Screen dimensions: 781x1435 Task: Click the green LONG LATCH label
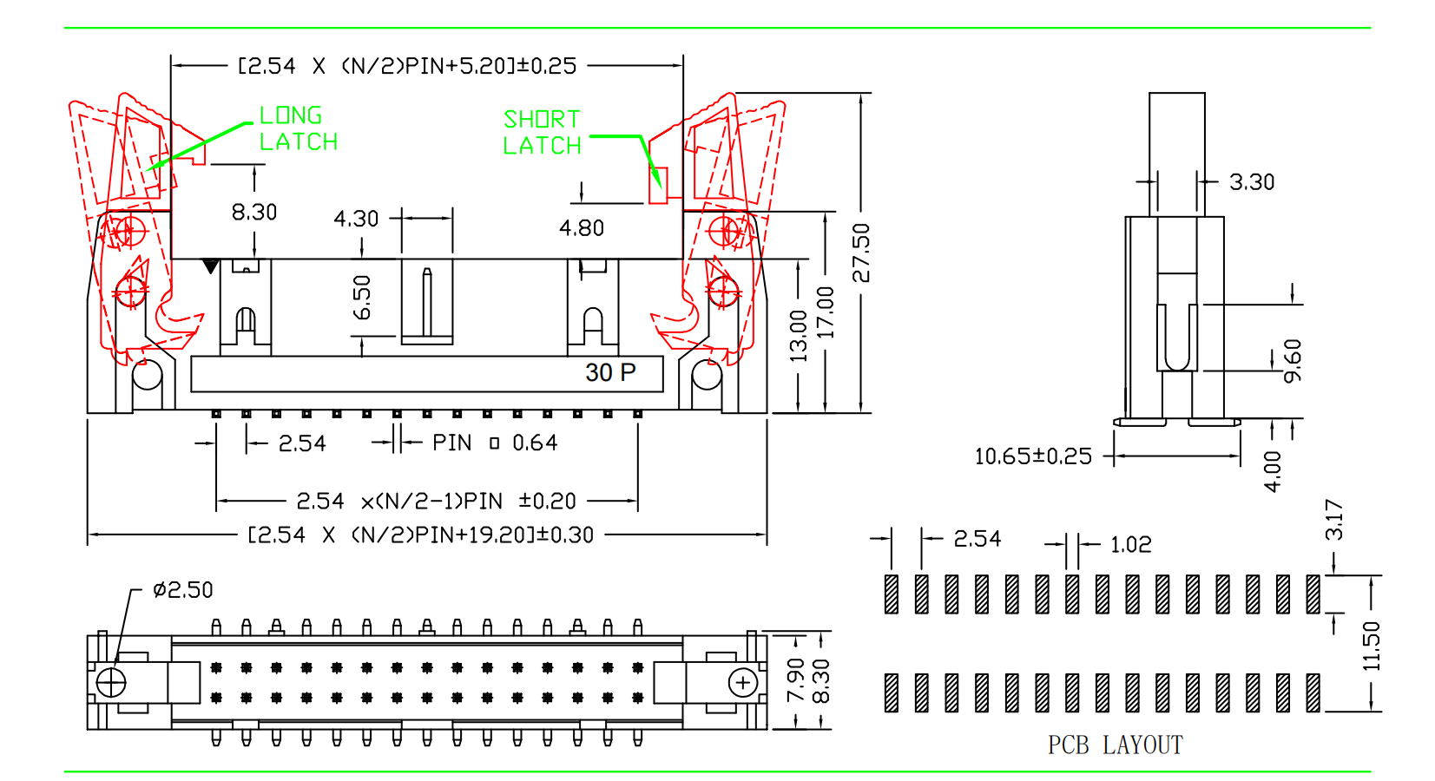click(298, 128)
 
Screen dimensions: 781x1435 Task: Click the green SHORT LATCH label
click(542, 132)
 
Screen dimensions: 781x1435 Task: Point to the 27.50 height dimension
click(860, 253)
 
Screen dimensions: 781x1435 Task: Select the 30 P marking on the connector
click(610, 373)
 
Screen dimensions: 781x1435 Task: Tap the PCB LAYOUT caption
click(1115, 745)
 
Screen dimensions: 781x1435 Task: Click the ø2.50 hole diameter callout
click(182, 590)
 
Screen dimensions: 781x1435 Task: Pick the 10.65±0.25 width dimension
click(1033, 456)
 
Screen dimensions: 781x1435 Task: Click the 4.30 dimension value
click(356, 219)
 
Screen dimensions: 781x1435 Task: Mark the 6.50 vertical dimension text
click(363, 298)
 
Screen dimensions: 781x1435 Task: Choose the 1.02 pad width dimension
click(1130, 545)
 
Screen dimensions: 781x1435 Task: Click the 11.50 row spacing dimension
click(1371, 646)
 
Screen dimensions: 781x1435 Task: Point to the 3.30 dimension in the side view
click(1251, 182)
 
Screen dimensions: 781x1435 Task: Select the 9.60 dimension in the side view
click(1293, 360)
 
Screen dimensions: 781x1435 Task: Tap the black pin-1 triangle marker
click(210, 266)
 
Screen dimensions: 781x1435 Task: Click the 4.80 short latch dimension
click(582, 228)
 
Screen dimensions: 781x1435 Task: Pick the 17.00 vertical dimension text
click(826, 312)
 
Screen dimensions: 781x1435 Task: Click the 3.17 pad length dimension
click(1334, 520)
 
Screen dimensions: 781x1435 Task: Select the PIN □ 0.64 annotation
click(494, 443)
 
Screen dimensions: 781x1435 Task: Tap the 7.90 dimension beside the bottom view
click(795, 680)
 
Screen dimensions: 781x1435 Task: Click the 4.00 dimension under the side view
click(1272, 471)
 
